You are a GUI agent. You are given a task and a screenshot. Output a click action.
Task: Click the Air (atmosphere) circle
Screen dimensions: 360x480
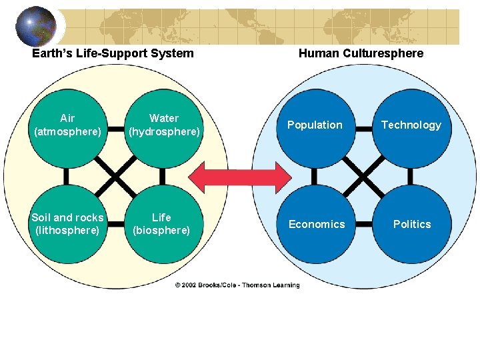(67, 125)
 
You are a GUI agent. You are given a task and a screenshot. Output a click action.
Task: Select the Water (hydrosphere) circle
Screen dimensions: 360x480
(164, 125)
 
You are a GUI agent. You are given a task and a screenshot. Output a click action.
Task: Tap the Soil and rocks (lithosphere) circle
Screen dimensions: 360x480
(67, 224)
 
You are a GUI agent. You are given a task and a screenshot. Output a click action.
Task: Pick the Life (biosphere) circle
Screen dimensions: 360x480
(162, 224)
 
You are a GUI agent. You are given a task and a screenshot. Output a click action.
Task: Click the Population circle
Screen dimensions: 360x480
(315, 125)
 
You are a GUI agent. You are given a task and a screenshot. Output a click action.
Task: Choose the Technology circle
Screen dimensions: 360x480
(411, 125)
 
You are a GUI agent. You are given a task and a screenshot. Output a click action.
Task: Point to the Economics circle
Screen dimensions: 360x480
(316, 224)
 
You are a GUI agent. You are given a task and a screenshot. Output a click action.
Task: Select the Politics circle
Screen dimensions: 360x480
(411, 224)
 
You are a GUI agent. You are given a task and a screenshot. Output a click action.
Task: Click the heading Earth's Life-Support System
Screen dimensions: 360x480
(113, 53)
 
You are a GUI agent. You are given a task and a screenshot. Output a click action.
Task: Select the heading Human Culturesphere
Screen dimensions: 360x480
(361, 53)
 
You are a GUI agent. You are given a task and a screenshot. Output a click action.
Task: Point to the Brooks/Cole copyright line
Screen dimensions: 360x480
(237, 285)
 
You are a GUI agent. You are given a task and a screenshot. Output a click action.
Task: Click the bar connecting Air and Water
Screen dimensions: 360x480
(116, 128)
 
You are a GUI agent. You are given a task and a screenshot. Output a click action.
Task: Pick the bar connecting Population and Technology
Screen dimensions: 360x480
(363, 128)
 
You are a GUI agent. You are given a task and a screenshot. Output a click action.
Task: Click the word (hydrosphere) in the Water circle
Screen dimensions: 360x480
(164, 132)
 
